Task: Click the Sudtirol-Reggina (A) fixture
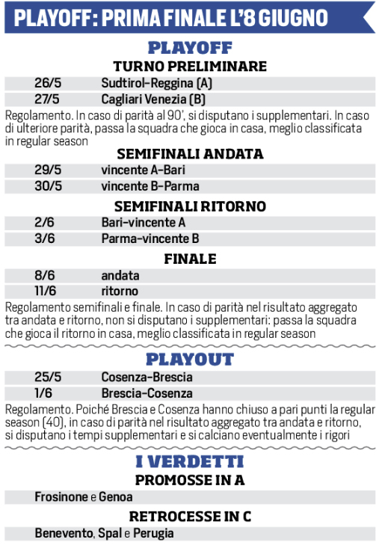pos(157,83)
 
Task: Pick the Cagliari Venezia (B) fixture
pos(153,99)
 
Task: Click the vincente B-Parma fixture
pos(140,186)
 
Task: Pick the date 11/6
pos(48,291)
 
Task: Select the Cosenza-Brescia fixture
pos(147,378)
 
